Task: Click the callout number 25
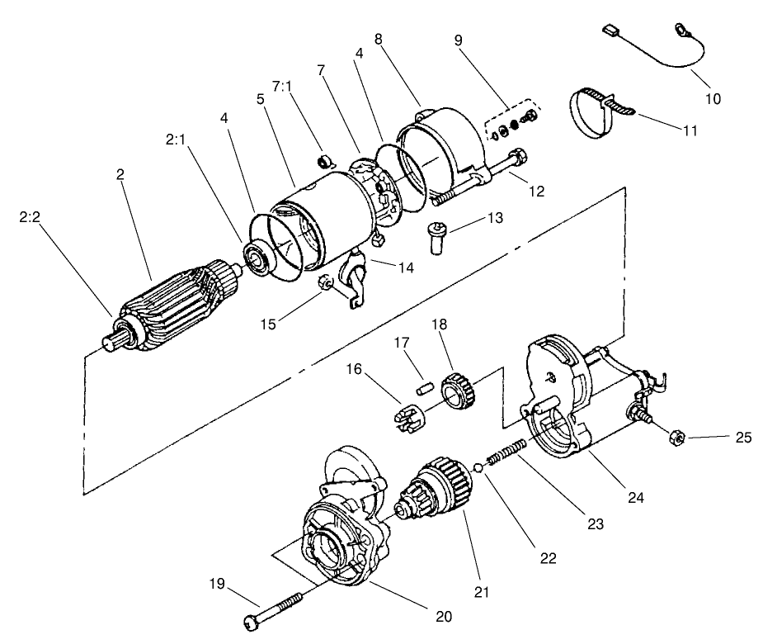pos(743,437)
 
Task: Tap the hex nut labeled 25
pos(672,436)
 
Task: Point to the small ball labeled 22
pos(478,470)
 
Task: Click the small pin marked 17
pos(424,385)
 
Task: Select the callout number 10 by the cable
pos(713,98)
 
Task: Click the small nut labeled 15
pos(327,284)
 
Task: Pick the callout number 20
pos(442,615)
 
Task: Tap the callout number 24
pos(634,497)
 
